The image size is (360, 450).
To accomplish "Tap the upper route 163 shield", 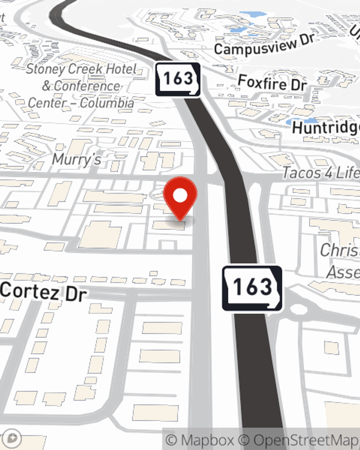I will tap(178, 79).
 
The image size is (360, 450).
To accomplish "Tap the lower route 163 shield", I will tap(252, 288).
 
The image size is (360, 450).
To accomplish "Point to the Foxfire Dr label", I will tap(273, 83).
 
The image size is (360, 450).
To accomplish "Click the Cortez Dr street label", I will tap(43, 292).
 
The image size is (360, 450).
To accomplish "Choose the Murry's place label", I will tap(77, 159).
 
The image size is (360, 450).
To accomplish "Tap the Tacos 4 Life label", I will tap(320, 173).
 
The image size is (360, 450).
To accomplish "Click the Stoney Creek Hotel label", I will tap(81, 69).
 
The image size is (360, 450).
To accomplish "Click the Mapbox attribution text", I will tap(200, 440).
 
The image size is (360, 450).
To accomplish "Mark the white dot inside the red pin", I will tap(180, 195).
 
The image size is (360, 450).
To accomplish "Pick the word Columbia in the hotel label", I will tap(107, 103).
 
